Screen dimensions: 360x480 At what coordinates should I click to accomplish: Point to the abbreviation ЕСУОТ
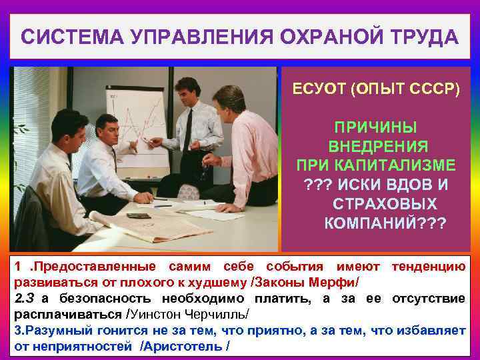pyautogui.click(x=318, y=90)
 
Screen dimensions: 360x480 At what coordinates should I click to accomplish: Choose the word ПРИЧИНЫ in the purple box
pyautogui.click(x=377, y=127)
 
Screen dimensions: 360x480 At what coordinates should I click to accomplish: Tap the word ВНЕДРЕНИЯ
pyautogui.click(x=378, y=146)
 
